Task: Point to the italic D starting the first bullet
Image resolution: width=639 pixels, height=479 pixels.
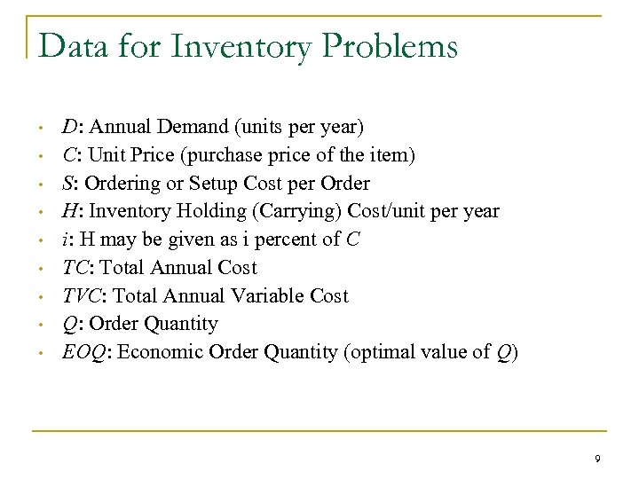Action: pos(68,127)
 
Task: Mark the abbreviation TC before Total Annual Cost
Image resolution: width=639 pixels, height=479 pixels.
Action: pos(74,267)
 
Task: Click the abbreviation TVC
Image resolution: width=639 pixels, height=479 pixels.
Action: pos(80,295)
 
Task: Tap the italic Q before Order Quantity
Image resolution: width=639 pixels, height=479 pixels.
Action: pos(68,324)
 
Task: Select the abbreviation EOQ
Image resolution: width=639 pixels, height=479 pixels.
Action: pos(81,352)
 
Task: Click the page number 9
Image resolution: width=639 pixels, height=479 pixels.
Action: pos(597,458)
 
